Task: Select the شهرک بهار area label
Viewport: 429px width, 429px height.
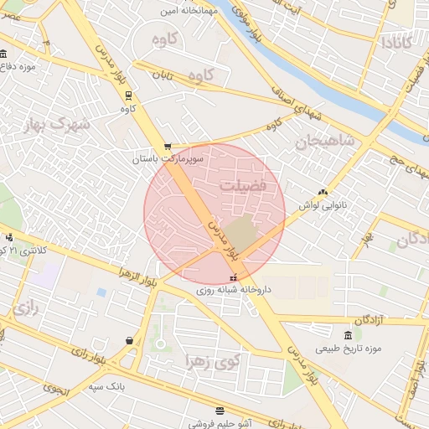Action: (x=58, y=126)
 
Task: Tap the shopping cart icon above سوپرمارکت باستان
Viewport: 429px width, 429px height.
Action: (x=168, y=146)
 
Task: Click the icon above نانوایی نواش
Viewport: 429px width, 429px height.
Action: (x=324, y=192)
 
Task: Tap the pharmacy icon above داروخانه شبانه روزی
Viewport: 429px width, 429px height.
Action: (x=233, y=277)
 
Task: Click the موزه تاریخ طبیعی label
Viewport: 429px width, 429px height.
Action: (x=349, y=348)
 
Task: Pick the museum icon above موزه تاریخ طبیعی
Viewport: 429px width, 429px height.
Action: (x=347, y=335)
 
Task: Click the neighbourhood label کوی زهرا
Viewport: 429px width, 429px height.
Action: (x=214, y=361)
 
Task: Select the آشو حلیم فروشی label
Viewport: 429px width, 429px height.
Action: (x=219, y=423)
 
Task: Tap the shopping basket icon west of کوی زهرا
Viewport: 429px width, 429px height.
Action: (x=129, y=340)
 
